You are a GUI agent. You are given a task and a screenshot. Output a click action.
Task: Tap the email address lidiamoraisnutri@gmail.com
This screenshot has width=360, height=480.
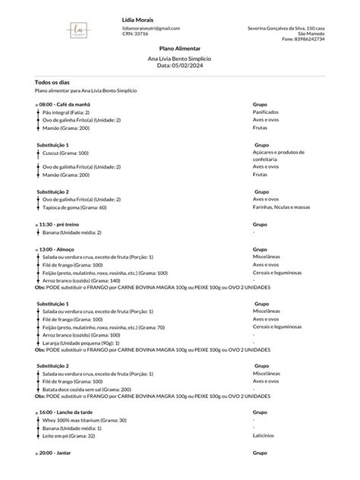150,28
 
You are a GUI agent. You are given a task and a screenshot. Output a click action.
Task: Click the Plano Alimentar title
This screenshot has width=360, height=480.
179,48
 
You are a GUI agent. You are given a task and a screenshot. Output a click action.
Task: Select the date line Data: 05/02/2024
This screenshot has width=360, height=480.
179,65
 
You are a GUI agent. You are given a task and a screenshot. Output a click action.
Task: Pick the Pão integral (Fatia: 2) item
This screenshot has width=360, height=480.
66,112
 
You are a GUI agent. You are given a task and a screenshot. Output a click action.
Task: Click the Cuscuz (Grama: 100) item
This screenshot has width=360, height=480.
65,153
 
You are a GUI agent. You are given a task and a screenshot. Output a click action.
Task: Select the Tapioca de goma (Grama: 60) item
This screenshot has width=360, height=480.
74,207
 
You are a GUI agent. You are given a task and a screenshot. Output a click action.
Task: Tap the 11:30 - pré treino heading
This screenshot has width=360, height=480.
62,225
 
